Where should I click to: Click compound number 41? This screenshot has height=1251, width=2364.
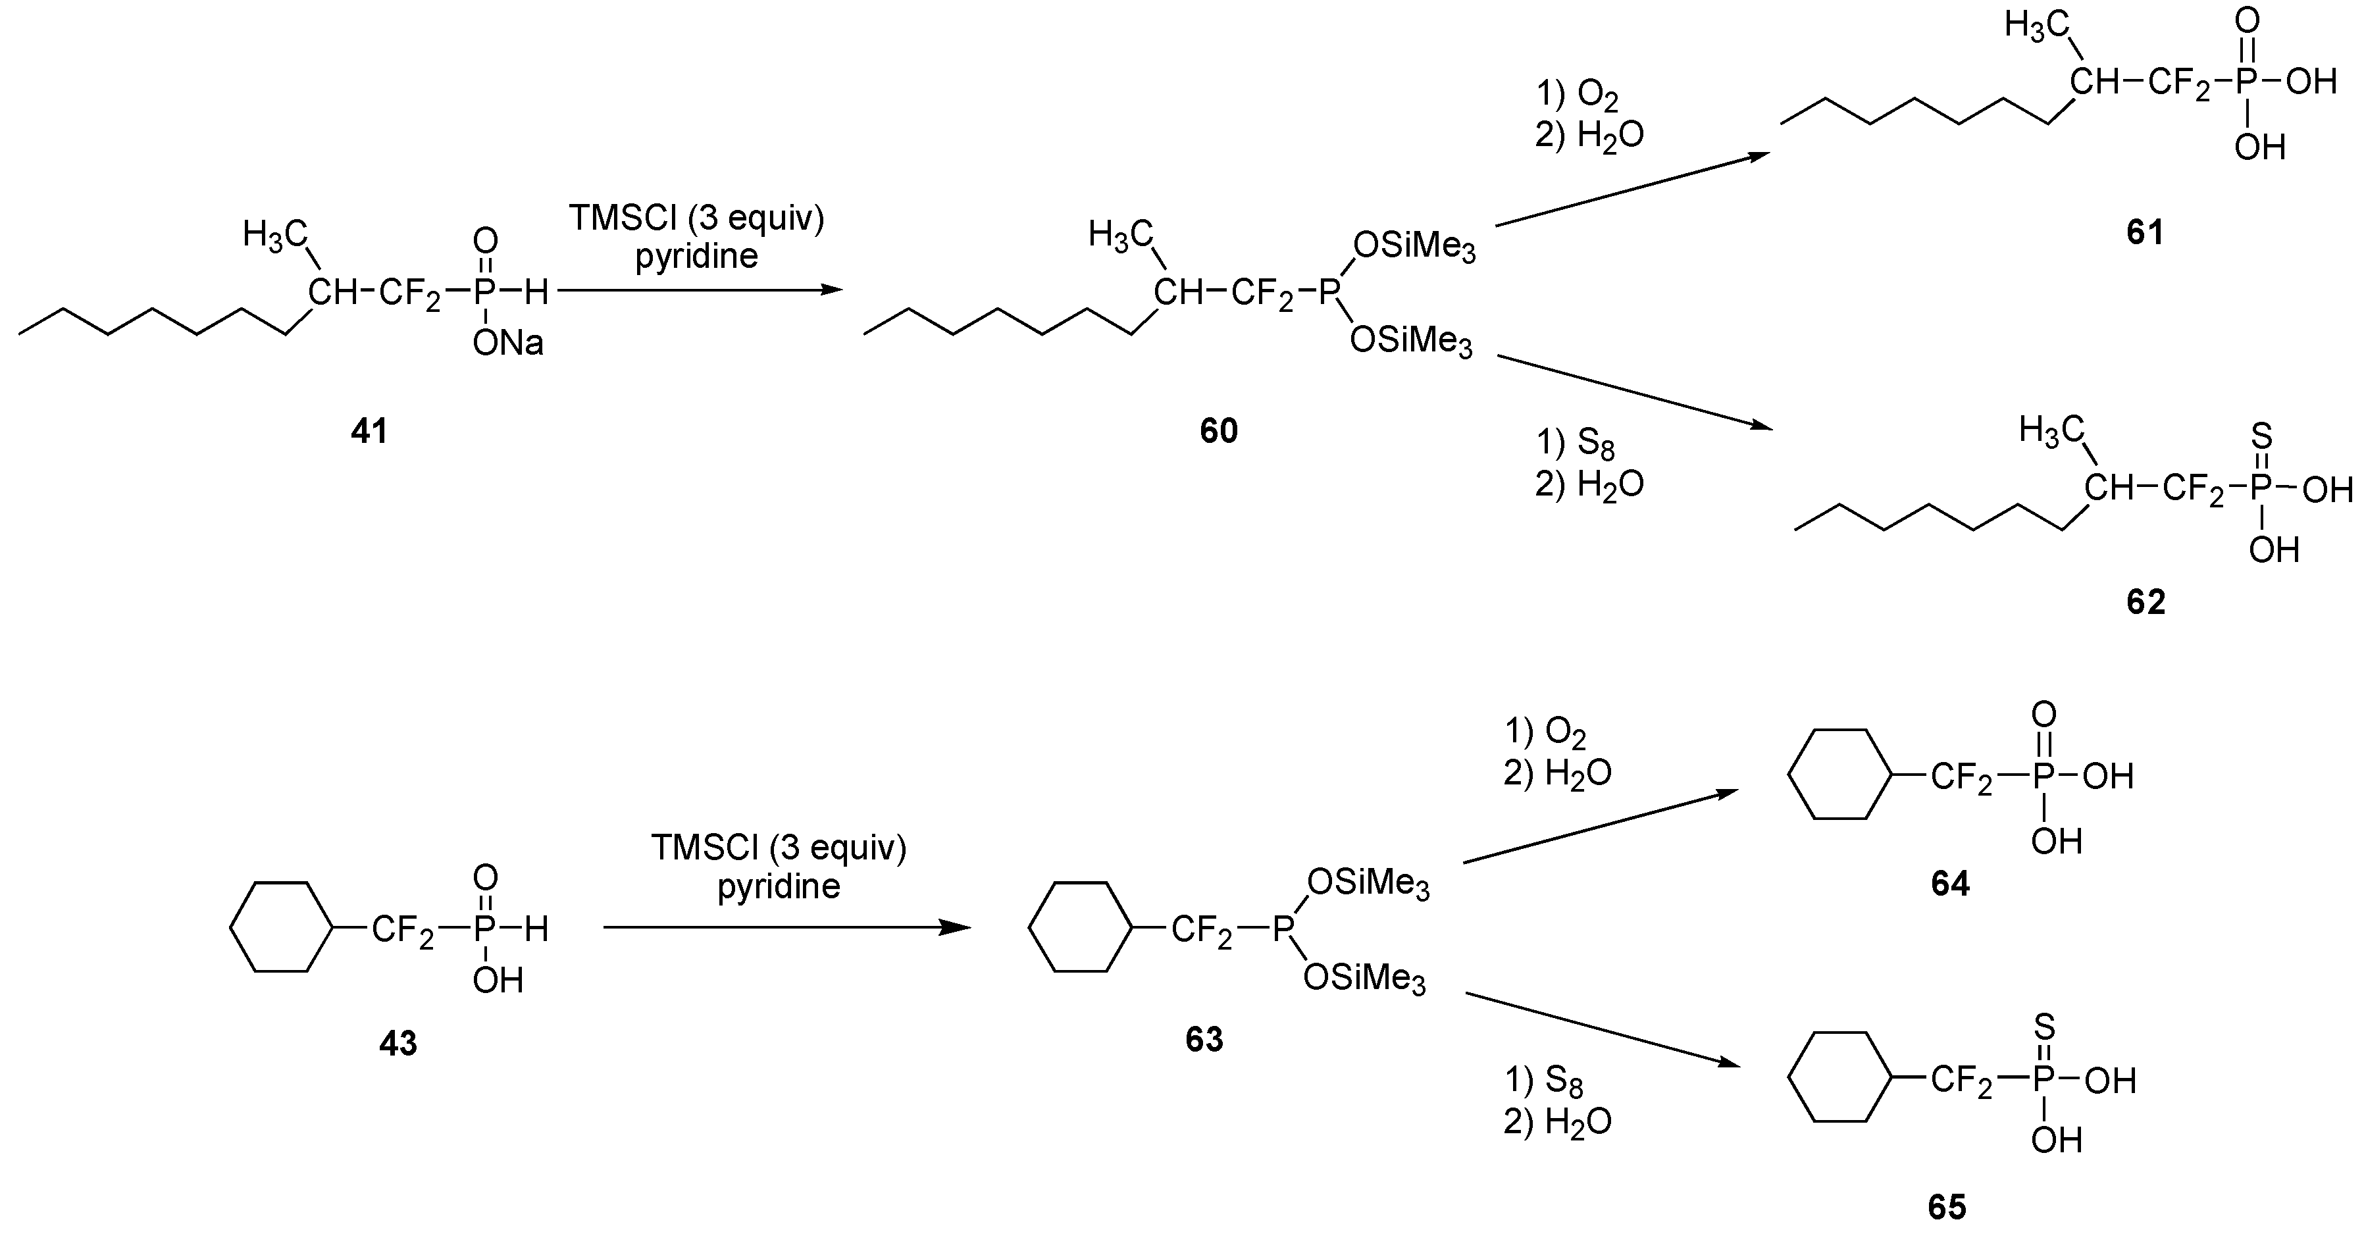[x=369, y=430]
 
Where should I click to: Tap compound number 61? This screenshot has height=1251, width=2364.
[x=2145, y=232]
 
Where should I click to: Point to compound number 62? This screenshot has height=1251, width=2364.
[x=2146, y=601]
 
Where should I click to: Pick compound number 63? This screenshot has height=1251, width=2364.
[x=1204, y=1039]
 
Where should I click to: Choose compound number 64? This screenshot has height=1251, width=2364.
[x=1950, y=883]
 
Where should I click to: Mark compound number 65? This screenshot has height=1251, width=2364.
[x=1947, y=1207]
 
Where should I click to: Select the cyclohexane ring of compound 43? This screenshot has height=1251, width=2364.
[x=280, y=927]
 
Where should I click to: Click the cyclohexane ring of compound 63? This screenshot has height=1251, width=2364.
[x=1079, y=927]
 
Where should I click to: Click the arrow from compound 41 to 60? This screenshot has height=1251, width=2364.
[x=700, y=290]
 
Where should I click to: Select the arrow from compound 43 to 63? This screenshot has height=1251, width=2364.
[x=786, y=928]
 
